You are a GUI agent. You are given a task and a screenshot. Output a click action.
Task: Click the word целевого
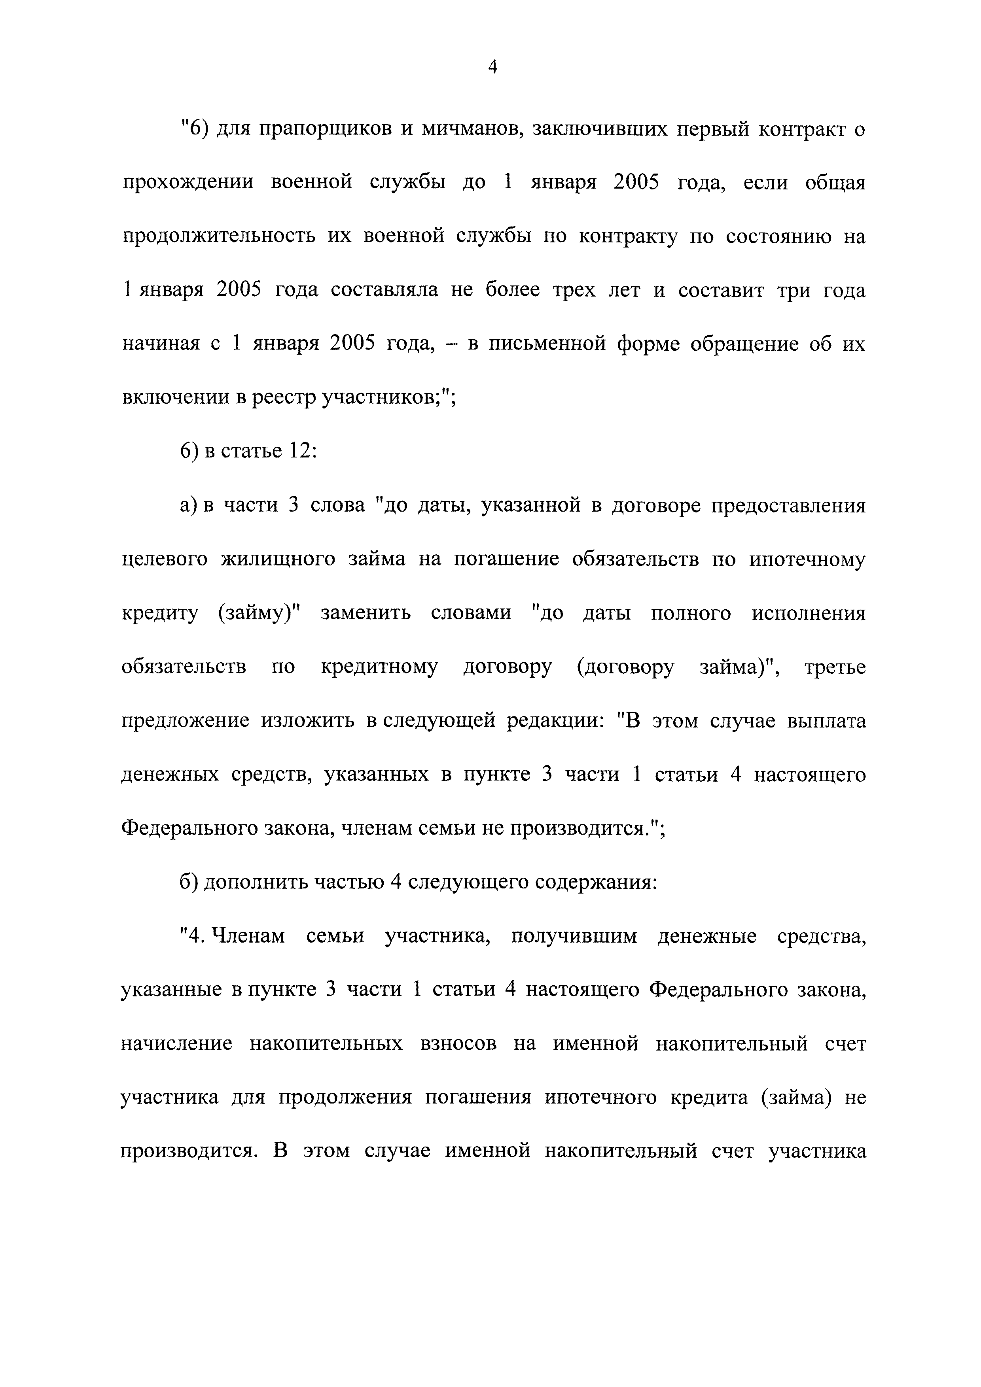pos(165,560)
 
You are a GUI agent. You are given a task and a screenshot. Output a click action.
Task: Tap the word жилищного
pos(277,560)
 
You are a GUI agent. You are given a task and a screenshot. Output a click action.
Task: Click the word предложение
pos(185,721)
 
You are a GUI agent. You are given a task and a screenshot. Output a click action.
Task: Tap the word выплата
pos(827,721)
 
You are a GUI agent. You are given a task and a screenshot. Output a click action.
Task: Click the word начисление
pos(176,1044)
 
